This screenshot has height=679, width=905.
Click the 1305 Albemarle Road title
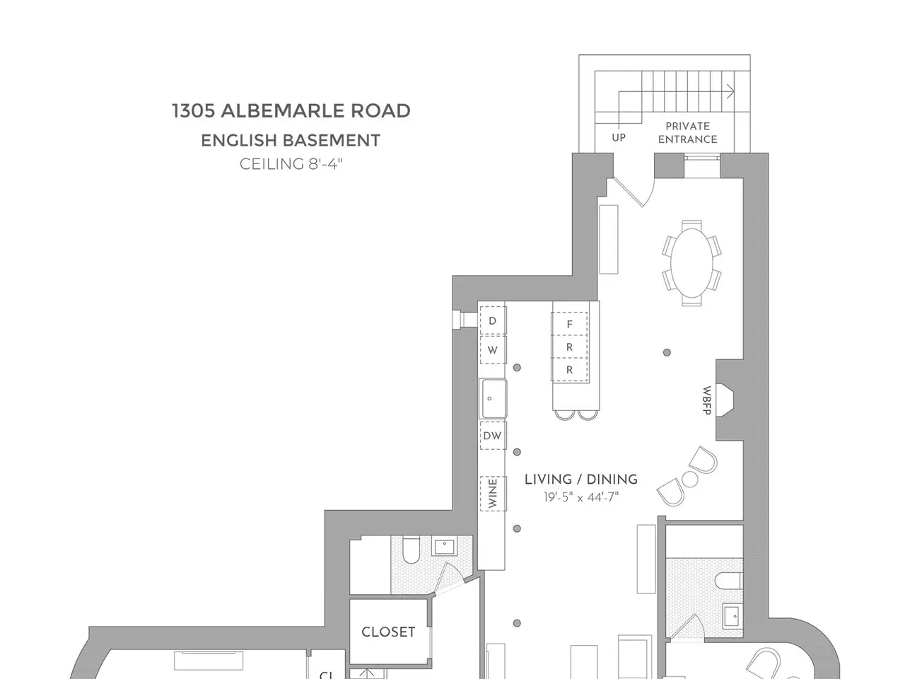click(291, 111)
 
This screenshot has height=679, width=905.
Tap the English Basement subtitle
click(291, 141)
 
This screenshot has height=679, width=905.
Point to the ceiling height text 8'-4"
click(325, 164)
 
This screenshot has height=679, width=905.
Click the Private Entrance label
click(687, 132)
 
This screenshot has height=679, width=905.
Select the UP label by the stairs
click(619, 138)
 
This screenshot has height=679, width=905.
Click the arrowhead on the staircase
click(730, 91)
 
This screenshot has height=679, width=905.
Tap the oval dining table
click(691, 262)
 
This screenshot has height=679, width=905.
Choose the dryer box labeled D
click(493, 320)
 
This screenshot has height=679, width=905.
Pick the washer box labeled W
click(493, 350)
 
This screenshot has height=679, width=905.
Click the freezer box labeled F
click(569, 324)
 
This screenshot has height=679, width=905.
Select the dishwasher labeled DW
click(493, 436)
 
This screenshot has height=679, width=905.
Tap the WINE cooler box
click(493, 494)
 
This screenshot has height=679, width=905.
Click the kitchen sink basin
click(493, 399)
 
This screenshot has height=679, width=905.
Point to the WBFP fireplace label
click(707, 400)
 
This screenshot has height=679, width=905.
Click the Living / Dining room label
click(581, 480)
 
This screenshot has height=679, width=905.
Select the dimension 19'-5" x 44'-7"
click(581, 497)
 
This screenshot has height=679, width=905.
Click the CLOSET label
click(388, 632)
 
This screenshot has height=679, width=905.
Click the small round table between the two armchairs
click(691, 480)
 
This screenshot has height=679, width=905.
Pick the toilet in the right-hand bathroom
click(728, 581)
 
